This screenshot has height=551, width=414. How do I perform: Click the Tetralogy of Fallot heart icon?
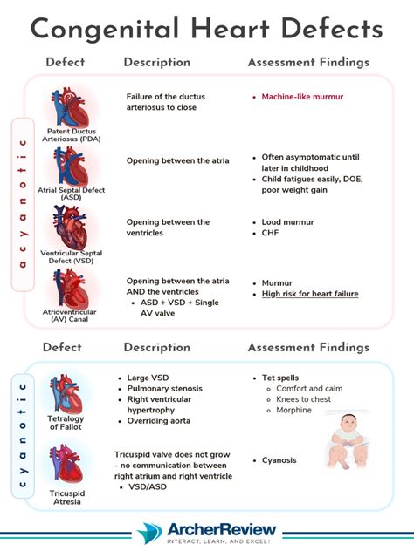click(66, 395)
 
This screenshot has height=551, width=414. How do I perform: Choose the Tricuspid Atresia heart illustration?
click(66, 463)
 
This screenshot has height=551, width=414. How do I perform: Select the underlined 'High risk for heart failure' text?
click(310, 294)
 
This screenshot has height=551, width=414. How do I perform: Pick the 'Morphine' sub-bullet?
click(294, 409)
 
